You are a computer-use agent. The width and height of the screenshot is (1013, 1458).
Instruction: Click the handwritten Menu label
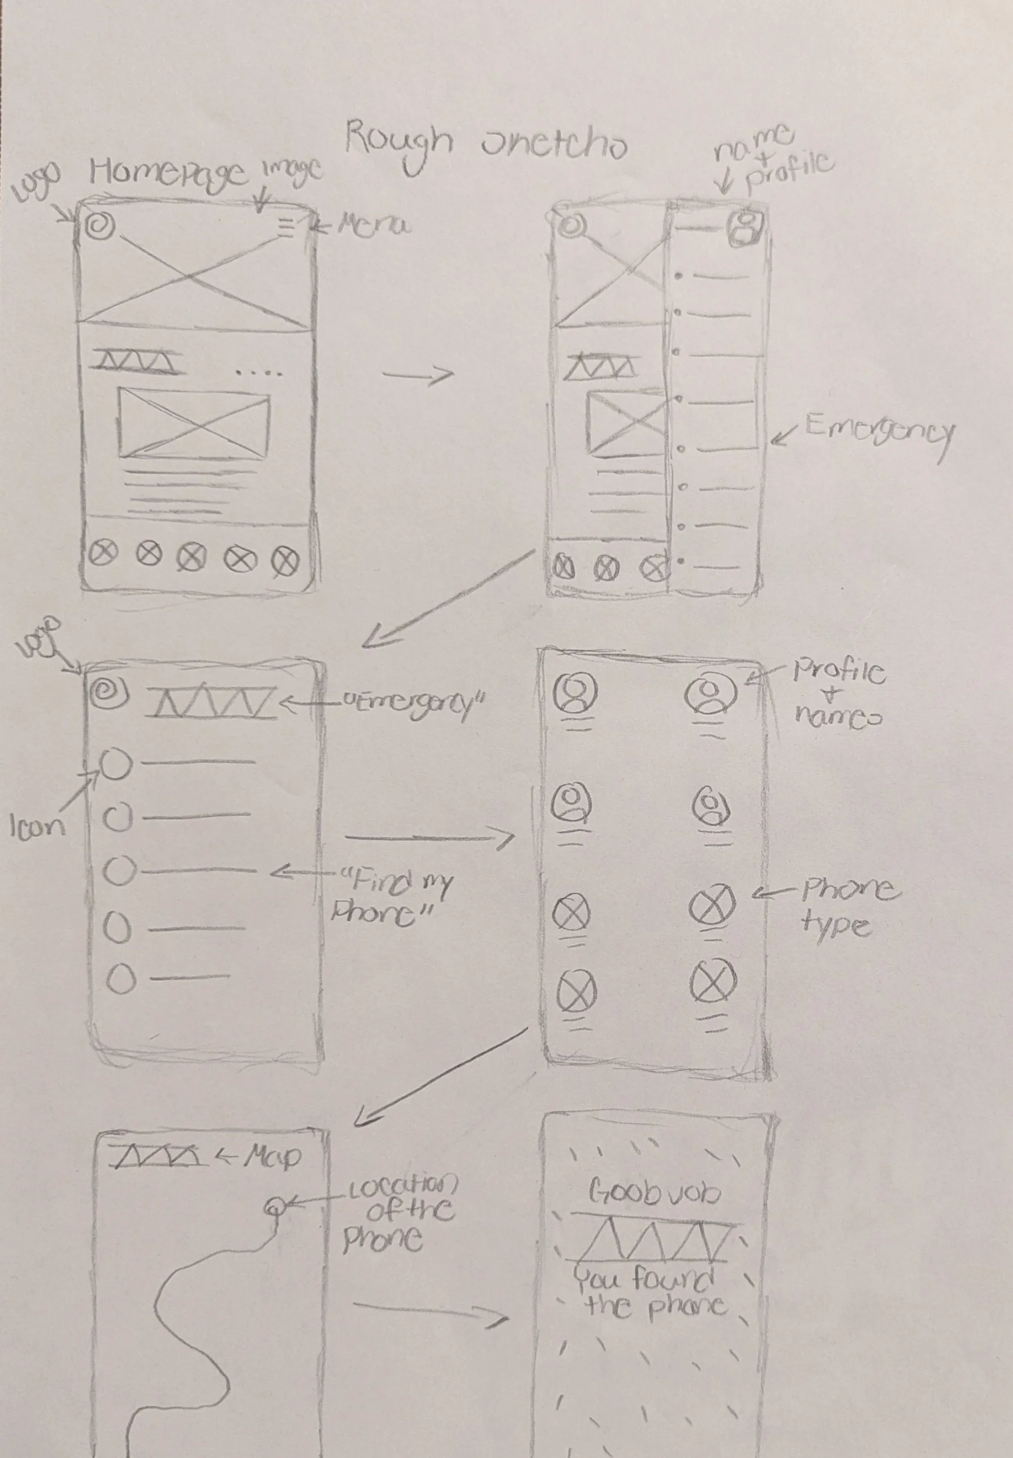(x=373, y=225)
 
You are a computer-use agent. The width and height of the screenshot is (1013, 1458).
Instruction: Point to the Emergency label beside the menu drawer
(x=879, y=432)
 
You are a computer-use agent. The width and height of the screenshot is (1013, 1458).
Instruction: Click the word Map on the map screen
(x=272, y=1156)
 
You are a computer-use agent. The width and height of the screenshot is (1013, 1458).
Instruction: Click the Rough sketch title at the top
(x=486, y=143)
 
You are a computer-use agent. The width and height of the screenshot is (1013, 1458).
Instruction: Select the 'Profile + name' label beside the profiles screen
(x=838, y=693)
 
